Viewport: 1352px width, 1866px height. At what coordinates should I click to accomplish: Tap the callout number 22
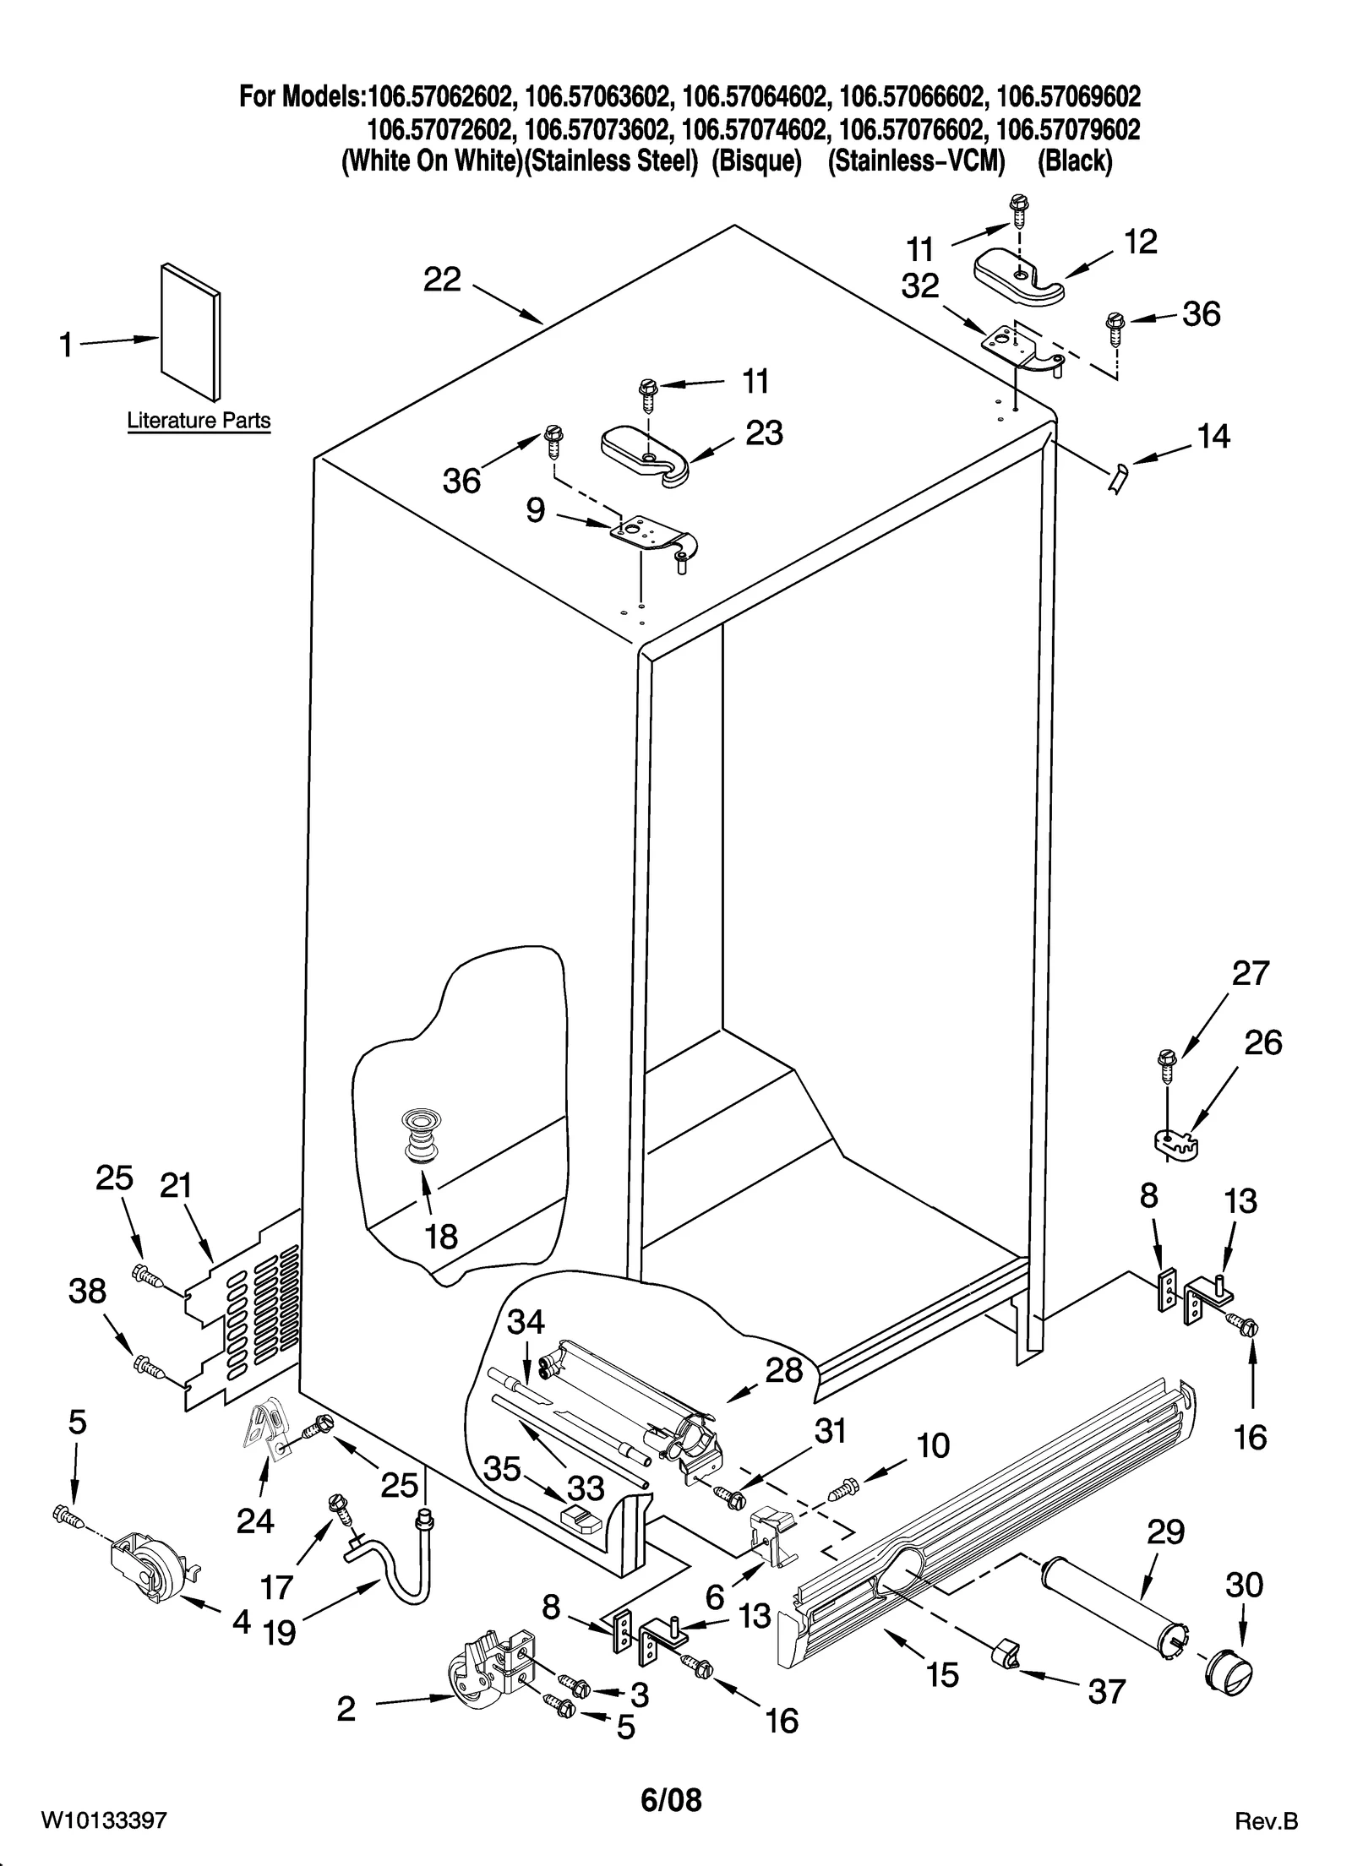click(442, 280)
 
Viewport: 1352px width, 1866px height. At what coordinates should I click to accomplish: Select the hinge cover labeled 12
click(1019, 279)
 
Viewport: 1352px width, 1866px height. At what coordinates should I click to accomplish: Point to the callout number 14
click(1213, 437)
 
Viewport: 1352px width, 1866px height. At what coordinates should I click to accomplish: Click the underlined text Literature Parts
click(199, 420)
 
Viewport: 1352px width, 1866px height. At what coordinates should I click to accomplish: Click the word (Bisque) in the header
click(755, 161)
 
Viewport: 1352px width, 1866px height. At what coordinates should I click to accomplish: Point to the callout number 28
click(783, 1370)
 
